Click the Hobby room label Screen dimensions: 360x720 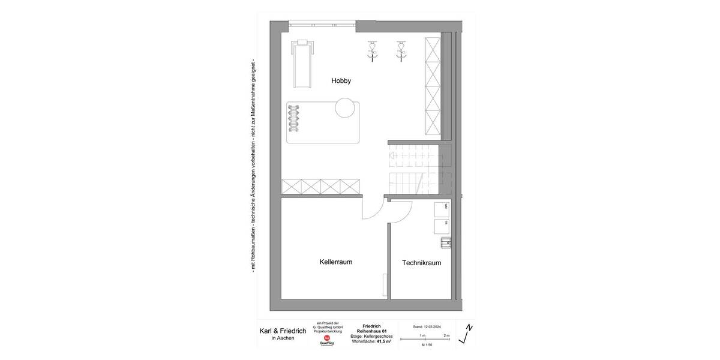click(x=341, y=80)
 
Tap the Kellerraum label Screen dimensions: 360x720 click(x=335, y=262)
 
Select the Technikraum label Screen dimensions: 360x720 click(x=422, y=263)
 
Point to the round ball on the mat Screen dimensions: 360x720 click(x=346, y=108)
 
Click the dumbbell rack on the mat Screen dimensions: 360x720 click(x=293, y=119)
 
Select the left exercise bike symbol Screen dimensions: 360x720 click(x=373, y=50)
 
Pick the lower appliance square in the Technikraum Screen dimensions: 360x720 click(x=442, y=226)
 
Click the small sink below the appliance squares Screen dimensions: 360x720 click(x=445, y=242)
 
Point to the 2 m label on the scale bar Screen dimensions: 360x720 click(x=446, y=335)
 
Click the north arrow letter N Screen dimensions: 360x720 click(x=470, y=328)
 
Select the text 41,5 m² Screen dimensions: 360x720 click(x=384, y=341)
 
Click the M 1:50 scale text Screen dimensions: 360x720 click(x=427, y=346)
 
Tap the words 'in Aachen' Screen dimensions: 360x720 click(x=282, y=338)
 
